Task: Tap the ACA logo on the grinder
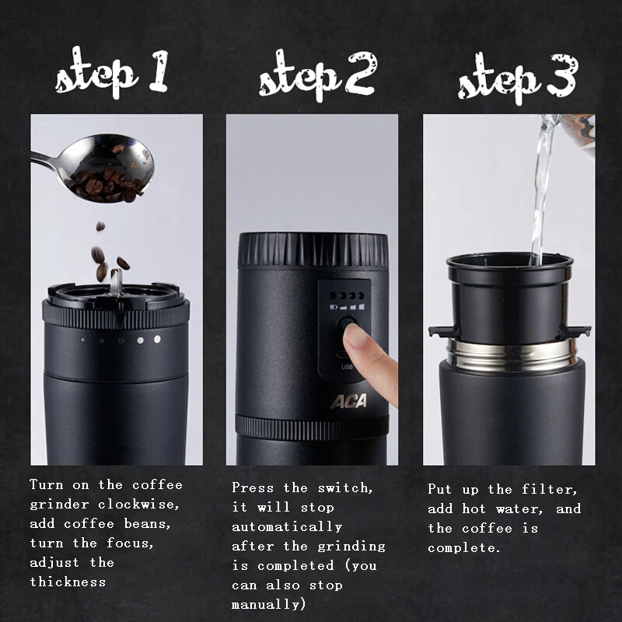[x=348, y=401]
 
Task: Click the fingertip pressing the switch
[x=356, y=336]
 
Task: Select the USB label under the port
[x=347, y=366]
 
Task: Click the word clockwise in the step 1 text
[x=138, y=504]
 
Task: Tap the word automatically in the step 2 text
[x=287, y=527]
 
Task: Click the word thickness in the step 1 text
[x=68, y=582]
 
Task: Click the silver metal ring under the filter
[x=512, y=355]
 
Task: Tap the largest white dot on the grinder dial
[x=158, y=339]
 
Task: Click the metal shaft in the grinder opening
[x=116, y=282]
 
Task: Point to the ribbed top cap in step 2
[x=313, y=250]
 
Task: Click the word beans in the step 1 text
[x=147, y=523]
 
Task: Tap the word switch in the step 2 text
[x=345, y=488]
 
